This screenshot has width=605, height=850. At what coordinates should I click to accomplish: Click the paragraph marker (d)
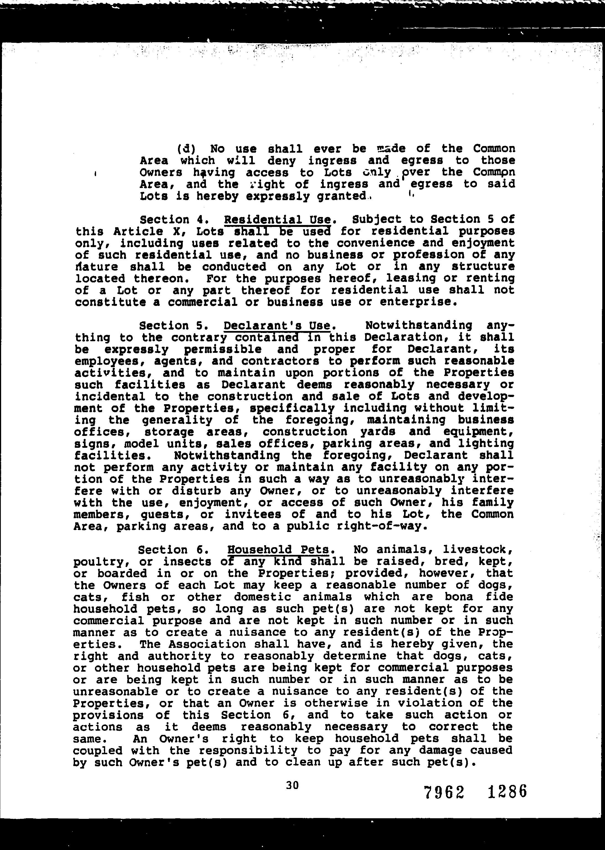[x=186, y=149]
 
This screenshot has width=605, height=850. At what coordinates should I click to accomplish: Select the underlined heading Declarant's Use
[x=277, y=326]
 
